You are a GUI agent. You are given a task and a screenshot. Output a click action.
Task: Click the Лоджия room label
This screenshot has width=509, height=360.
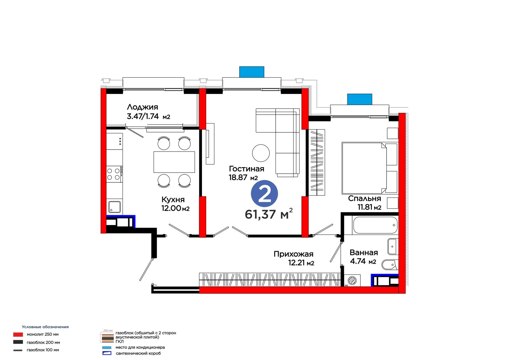142,107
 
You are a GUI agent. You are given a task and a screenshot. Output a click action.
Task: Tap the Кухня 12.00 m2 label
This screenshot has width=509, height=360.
175,204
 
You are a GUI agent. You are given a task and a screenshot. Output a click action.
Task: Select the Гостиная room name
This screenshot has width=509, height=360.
247,169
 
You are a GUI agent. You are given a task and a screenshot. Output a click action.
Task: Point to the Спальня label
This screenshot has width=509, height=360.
365,199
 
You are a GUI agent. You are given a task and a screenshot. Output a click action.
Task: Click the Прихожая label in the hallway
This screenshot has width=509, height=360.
293,254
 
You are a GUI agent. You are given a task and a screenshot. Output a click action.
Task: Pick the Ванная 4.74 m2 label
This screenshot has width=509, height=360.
364,257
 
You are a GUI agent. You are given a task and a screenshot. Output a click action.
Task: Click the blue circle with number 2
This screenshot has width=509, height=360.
264,194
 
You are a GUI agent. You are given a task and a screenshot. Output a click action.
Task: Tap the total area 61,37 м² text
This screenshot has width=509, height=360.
268,214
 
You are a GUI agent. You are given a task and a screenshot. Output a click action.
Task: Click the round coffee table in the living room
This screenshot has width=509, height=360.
261,153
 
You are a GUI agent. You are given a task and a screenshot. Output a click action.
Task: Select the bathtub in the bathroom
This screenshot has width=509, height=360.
375,225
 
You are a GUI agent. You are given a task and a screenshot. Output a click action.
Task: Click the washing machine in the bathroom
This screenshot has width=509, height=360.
352,280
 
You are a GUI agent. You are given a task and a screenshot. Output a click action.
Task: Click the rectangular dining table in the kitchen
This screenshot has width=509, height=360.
174,162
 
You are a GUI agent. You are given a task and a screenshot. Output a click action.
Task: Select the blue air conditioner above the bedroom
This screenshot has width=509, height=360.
359,99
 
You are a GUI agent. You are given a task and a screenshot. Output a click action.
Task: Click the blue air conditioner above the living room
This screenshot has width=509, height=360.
252,72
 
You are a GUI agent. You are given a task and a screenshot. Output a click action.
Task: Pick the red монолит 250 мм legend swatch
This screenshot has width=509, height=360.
18,335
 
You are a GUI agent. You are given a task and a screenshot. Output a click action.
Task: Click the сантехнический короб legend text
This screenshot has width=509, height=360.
138,353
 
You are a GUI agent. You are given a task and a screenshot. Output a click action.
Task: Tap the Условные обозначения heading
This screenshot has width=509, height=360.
45,327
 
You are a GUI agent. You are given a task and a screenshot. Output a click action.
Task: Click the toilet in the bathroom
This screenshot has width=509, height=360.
390,265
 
